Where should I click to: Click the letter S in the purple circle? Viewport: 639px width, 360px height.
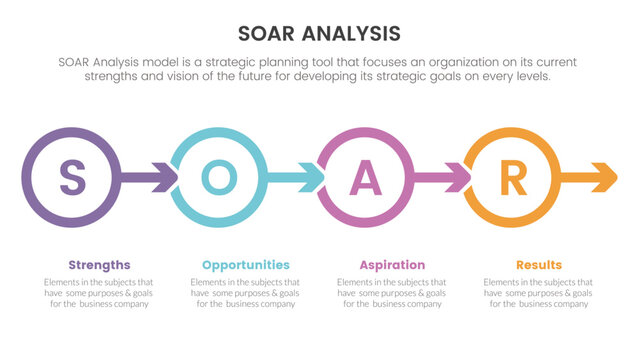click(71, 179)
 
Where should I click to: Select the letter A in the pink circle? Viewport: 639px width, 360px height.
click(365, 179)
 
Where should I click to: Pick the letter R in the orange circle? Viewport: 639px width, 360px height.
click(512, 179)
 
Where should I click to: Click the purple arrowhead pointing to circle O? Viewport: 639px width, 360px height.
click(163, 179)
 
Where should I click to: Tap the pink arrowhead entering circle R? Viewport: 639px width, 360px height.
click(458, 179)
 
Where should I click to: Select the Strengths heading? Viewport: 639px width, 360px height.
click(99, 265)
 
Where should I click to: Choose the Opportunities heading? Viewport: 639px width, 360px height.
click(246, 265)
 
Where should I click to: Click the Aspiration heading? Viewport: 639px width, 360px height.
click(392, 265)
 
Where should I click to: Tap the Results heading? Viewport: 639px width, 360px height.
click(539, 265)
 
